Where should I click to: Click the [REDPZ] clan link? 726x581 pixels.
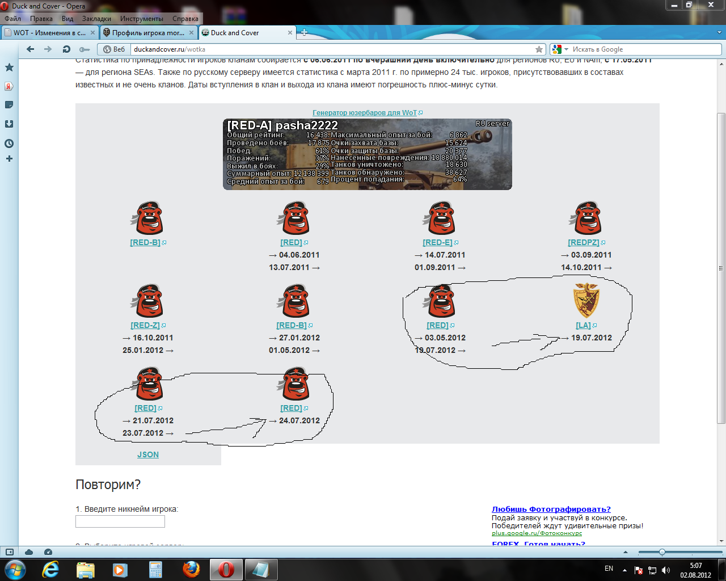[583, 242]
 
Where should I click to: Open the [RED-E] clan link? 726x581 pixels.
[437, 242]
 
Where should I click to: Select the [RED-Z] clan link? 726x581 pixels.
[145, 325]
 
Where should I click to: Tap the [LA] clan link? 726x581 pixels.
[583, 325]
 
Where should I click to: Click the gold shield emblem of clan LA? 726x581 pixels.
[586, 301]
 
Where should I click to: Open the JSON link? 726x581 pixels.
[148, 454]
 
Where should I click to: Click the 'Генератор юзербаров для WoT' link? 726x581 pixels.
[365, 113]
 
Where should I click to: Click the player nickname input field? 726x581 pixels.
[120, 521]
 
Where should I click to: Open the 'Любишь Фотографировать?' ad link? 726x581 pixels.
[551, 509]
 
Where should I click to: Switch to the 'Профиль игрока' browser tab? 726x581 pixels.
[147, 33]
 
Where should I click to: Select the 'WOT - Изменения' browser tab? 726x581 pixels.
[49, 33]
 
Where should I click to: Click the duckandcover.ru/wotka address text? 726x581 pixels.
[170, 49]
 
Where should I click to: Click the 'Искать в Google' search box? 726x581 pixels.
[641, 49]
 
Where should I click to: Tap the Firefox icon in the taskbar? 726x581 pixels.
[191, 569]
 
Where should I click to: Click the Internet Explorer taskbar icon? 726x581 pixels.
[50, 569]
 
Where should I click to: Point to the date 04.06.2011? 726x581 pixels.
[299, 255]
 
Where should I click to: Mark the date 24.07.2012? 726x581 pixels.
[299, 420]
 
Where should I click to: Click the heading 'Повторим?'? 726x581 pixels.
[108, 485]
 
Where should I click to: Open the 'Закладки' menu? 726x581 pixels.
[96, 19]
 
